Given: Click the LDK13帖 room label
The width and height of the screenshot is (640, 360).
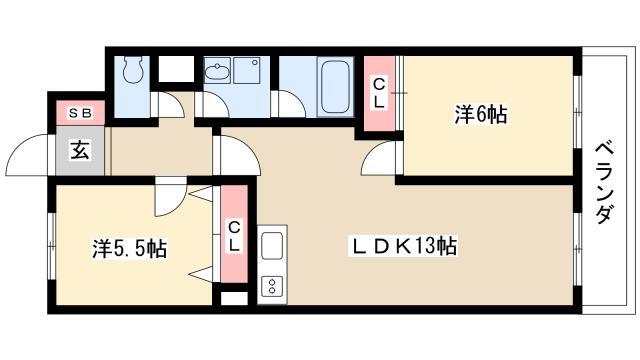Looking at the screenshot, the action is coord(403,246).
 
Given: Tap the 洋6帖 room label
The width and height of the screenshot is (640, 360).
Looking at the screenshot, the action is coord(481,114).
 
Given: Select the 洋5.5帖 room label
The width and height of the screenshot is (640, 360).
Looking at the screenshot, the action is coord(129,249).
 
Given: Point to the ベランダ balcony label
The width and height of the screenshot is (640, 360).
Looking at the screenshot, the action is coord(604,182).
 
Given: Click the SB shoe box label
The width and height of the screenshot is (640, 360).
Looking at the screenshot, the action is coord(80,113).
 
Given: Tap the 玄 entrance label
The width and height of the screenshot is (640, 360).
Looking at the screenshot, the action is coord(80,150).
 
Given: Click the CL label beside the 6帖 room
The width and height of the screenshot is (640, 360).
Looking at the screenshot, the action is coord(379,93).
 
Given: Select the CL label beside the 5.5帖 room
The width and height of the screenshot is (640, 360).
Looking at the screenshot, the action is coord(234,236).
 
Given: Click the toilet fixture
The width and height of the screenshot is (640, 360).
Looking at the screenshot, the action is coord(133,69).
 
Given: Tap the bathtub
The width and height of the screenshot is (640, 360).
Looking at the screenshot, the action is coord(335,86).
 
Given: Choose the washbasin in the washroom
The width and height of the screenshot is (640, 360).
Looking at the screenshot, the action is coord(216,71).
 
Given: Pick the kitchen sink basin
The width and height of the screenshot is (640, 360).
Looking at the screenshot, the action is coord(272,245).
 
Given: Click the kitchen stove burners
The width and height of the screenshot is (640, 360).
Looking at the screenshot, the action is coord(272,286).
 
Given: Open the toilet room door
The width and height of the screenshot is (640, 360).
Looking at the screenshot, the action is coord(167,105).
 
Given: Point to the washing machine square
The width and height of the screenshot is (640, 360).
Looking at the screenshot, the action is coord(247,70).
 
